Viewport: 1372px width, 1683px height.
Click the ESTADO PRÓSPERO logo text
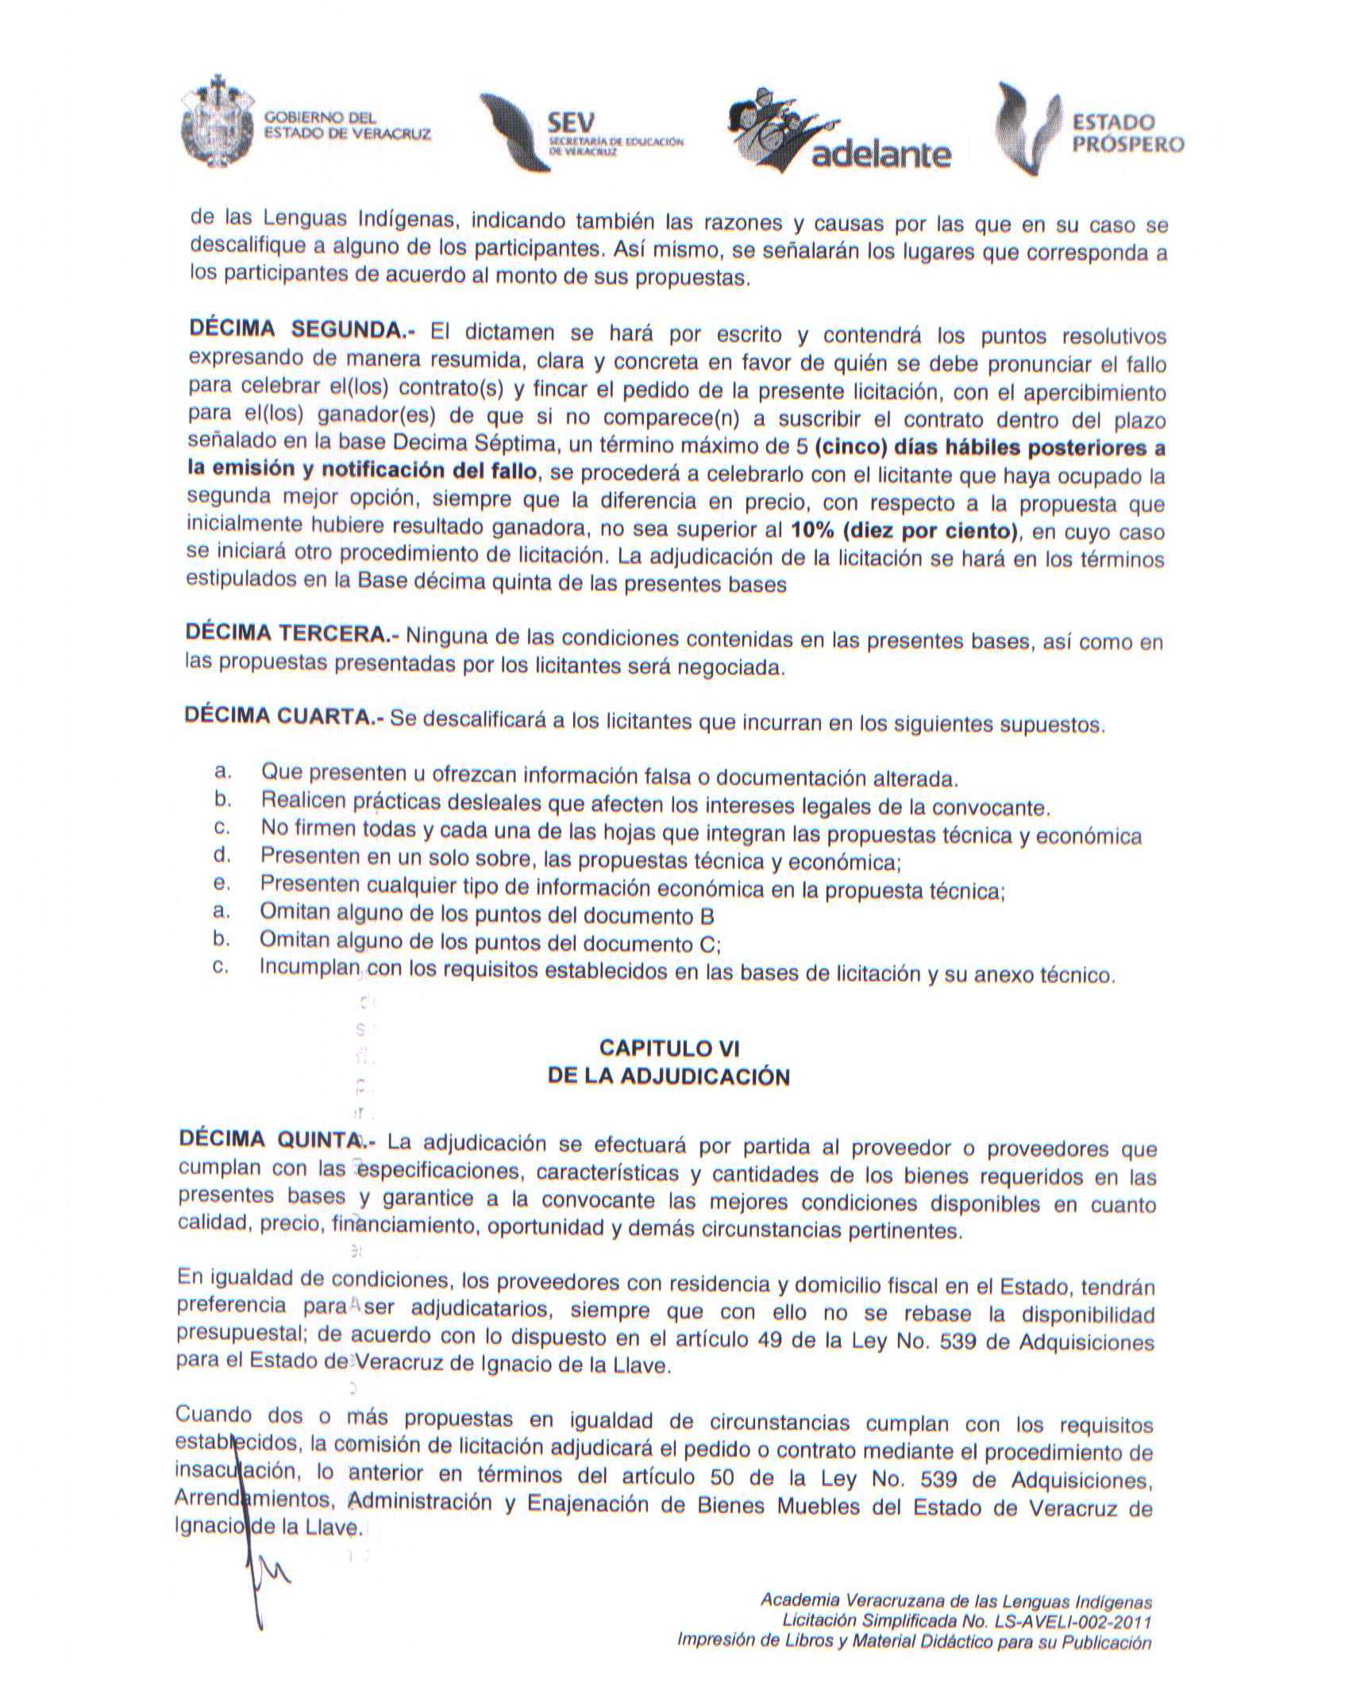click(x=1127, y=133)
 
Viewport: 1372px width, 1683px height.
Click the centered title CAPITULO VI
click(x=669, y=1048)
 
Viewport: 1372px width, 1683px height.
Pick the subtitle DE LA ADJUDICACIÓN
click(x=669, y=1076)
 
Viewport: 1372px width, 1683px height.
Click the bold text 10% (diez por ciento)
click(x=904, y=530)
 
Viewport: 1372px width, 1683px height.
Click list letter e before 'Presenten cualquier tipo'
click(x=222, y=883)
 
